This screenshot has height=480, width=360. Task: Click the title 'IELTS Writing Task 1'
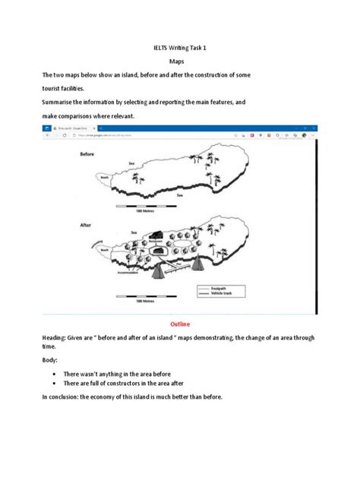tap(181, 47)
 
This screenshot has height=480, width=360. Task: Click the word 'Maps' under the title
tap(180, 62)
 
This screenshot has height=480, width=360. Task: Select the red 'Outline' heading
tap(180, 323)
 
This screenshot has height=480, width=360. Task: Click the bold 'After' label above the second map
tap(87, 225)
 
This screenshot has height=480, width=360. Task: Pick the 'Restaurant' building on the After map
tap(157, 236)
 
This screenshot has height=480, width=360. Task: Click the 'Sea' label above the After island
tap(134, 233)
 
